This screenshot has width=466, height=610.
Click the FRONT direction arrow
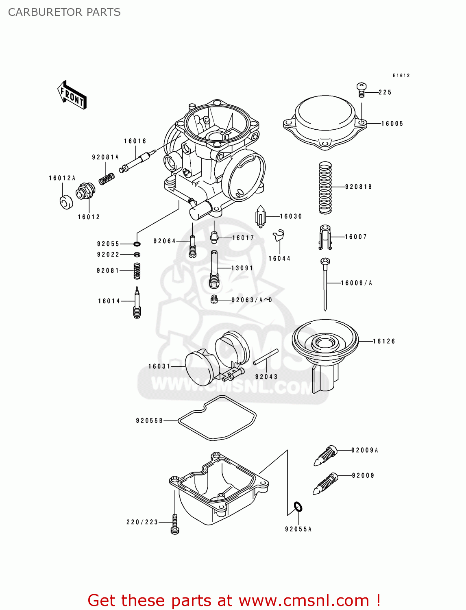click(72, 95)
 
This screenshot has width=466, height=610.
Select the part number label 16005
click(392, 124)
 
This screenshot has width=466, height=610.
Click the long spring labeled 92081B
click(325, 187)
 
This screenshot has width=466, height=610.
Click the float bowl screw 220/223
click(175, 523)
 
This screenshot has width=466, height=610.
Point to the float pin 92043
click(266, 357)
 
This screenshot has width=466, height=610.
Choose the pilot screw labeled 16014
click(137, 303)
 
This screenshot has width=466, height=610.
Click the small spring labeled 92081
click(137, 271)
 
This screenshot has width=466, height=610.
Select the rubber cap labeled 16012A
click(66, 202)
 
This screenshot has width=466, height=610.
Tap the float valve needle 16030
click(260, 216)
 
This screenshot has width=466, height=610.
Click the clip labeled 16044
click(279, 236)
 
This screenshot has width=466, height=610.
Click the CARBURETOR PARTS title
click(64, 12)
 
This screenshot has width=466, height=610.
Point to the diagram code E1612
click(401, 76)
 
